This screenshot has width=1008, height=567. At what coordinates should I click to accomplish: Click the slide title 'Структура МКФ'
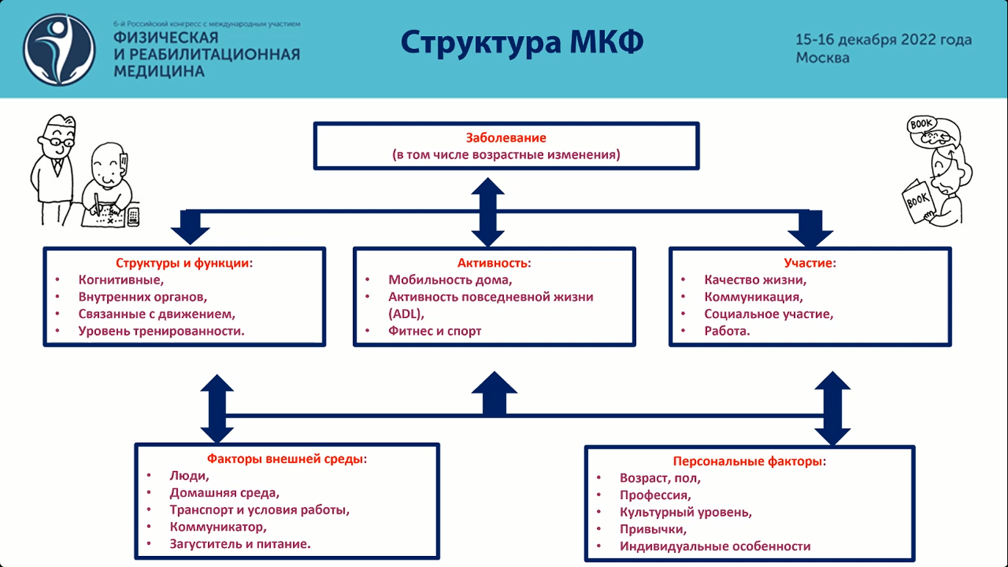click(x=522, y=42)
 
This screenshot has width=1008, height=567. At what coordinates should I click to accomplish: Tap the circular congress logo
click(x=59, y=49)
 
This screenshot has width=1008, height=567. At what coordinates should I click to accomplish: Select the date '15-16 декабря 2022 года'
click(x=883, y=40)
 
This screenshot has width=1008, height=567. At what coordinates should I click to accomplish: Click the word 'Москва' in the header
click(x=822, y=58)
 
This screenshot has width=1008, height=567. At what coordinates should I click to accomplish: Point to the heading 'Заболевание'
click(x=505, y=138)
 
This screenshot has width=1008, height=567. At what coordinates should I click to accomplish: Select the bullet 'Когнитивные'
click(x=120, y=280)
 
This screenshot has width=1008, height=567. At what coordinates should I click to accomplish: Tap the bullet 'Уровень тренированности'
click(x=161, y=331)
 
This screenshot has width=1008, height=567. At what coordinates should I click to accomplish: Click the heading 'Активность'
click(x=494, y=263)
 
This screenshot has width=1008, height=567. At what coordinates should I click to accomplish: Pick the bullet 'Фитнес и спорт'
click(x=435, y=331)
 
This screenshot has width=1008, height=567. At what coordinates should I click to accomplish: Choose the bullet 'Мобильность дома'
click(x=450, y=280)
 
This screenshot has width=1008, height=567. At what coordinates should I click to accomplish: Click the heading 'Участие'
click(x=809, y=263)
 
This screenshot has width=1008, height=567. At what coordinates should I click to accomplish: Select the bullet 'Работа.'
click(x=727, y=331)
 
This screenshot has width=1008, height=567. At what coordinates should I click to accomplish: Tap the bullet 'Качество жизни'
click(x=755, y=280)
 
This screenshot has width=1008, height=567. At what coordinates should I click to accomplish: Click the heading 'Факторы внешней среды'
click(x=286, y=458)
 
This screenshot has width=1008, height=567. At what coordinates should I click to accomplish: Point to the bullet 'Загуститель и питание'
click(x=240, y=544)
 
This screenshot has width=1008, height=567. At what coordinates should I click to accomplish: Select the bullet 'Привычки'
click(x=653, y=529)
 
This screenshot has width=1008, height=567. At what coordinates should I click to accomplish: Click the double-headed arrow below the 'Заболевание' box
click(x=488, y=212)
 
